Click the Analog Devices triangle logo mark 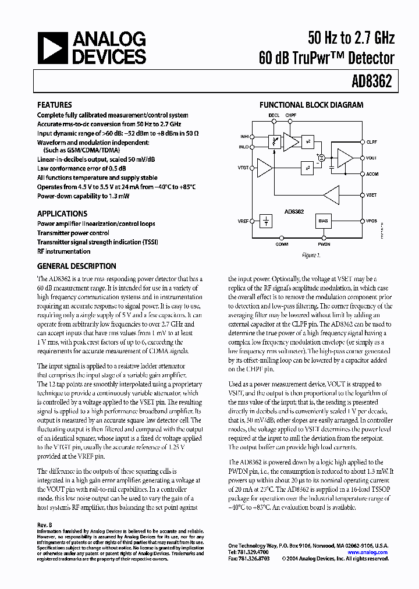pyautogui.click(x=52, y=48)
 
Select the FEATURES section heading pyautogui.click(x=55, y=105)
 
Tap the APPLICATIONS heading pyautogui.click(x=62, y=214)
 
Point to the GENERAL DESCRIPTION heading pyautogui.click(x=77, y=266)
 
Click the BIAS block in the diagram pyautogui.click(x=324, y=221)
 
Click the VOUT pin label pyautogui.click(x=372, y=158)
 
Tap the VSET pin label pyautogui.click(x=372, y=196)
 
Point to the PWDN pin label pyautogui.click(x=324, y=244)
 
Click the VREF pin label pyautogui.click(x=243, y=221)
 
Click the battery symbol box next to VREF pyautogui.click(x=265, y=221)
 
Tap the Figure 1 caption pyautogui.click(x=311, y=256)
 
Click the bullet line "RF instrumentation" pyautogui.click(x=64, y=251)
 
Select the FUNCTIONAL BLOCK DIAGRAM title pyautogui.click(x=311, y=105)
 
